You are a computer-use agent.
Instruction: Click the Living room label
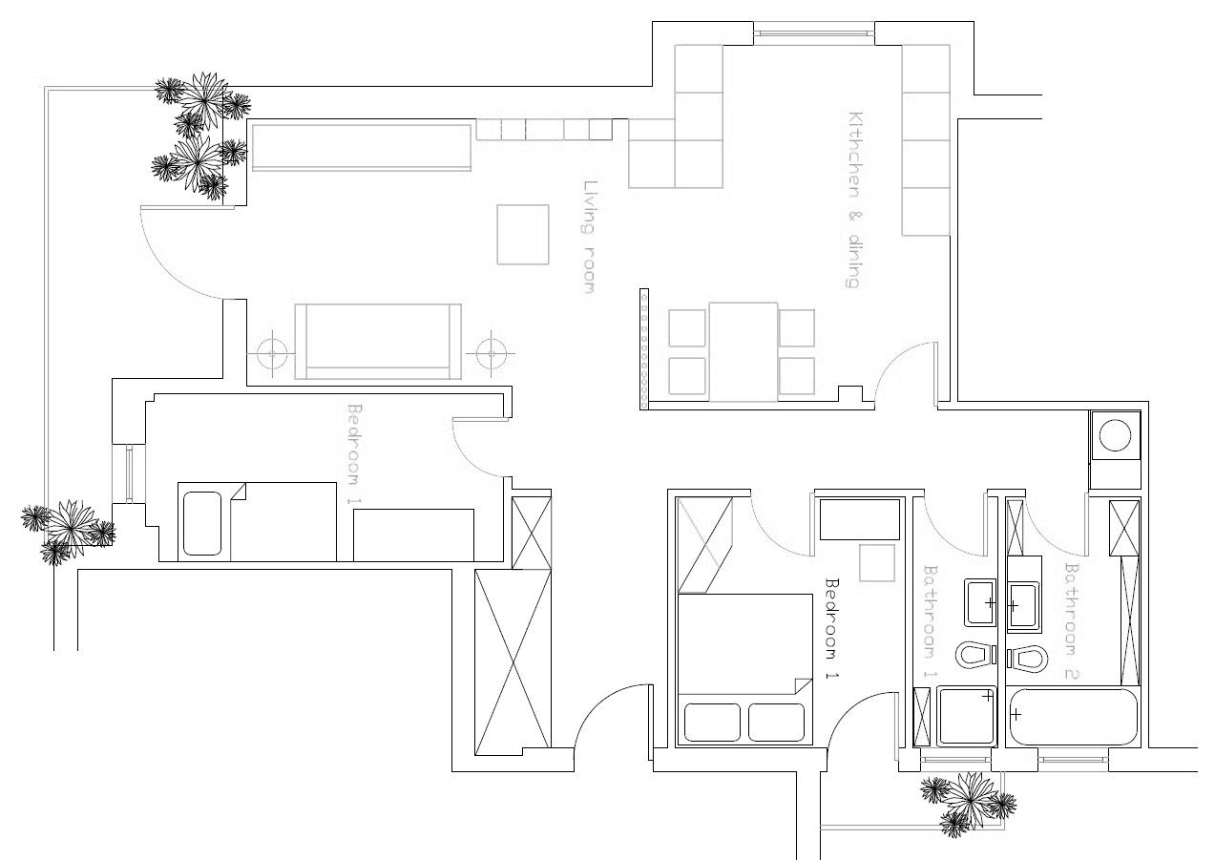[x=591, y=237]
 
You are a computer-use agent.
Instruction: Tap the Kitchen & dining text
[x=854, y=199]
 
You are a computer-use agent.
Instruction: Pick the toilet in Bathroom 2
[x=1028, y=658]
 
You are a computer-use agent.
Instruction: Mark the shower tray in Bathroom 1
[x=967, y=717]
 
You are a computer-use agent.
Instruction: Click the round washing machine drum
[x=1115, y=435]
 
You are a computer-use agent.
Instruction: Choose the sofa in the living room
[x=378, y=342]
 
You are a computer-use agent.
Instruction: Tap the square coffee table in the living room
[x=523, y=234]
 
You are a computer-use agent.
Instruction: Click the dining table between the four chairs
[x=744, y=349]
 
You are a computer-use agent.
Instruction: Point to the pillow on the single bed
[x=201, y=523]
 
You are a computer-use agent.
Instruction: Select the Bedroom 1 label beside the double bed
[x=831, y=628]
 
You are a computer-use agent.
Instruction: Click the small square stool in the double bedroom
[x=877, y=563]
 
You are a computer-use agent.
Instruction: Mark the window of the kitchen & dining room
[x=813, y=33]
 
